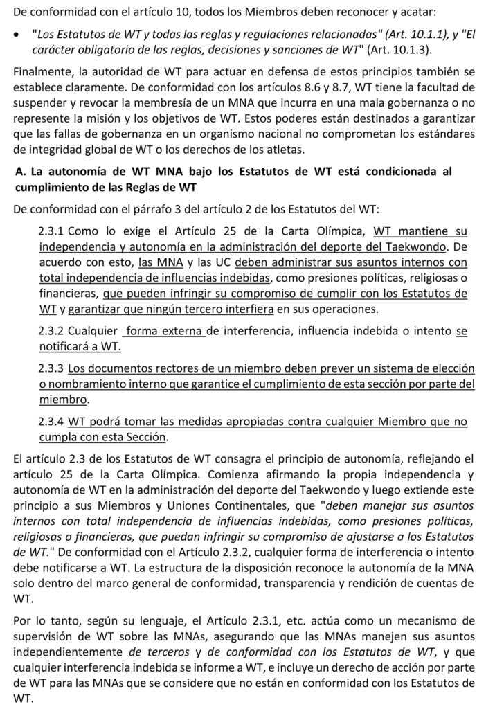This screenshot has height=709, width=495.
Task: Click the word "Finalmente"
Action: click(43, 73)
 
